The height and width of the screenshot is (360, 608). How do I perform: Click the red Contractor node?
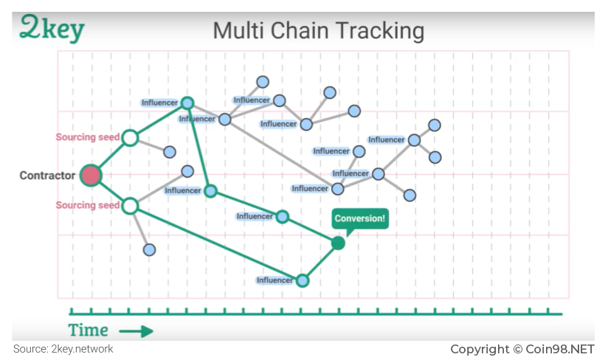[91, 175]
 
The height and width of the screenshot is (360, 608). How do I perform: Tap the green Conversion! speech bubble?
[360, 220]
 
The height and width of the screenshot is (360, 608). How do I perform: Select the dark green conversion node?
[338, 243]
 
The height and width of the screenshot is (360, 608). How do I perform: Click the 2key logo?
[52, 28]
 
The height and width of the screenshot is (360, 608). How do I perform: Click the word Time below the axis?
[89, 330]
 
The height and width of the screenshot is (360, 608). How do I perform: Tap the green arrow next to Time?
[136, 331]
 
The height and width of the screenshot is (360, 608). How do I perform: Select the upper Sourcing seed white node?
[131, 137]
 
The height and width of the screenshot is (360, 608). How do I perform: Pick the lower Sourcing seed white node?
[131, 206]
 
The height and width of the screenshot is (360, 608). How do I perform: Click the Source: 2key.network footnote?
[63, 349]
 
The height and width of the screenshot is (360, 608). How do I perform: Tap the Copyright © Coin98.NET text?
[522, 349]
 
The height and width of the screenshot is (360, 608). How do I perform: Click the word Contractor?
[47, 176]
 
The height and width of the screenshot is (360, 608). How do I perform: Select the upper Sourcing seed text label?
[88, 136]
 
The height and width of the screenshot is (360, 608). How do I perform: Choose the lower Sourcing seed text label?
[88, 205]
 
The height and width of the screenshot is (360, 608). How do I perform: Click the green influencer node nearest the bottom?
[303, 280]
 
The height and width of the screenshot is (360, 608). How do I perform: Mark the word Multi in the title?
[238, 30]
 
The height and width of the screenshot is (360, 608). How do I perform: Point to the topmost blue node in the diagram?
[263, 82]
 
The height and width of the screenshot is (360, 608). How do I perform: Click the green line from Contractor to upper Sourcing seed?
[111, 156]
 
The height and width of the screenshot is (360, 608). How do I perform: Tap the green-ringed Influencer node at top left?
[187, 103]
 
